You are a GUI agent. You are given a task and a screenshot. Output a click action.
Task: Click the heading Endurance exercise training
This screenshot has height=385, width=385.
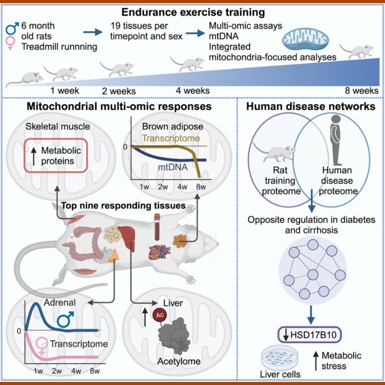click(193, 12)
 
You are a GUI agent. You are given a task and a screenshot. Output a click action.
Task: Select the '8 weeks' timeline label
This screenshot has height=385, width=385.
click(361, 91)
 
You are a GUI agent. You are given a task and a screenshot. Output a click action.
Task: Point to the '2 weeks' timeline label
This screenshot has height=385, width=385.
click(119, 91)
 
